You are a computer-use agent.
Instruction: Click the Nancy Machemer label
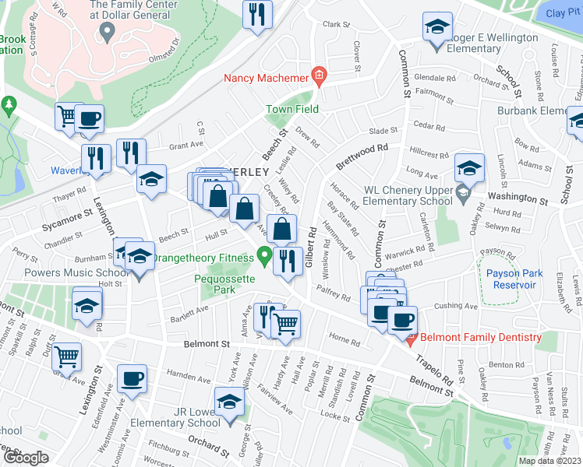[x=265, y=77]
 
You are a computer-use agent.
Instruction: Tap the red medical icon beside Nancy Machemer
[x=318, y=75]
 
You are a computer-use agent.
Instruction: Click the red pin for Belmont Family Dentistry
[x=410, y=338]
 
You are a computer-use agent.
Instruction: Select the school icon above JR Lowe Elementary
[x=230, y=402]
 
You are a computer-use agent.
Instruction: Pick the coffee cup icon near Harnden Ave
[x=131, y=379]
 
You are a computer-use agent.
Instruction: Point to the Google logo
[x=26, y=458]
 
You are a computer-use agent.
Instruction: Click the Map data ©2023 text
[x=550, y=461]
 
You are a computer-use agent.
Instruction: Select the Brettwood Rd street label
[x=362, y=155]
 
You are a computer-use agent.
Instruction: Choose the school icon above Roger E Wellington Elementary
[x=436, y=26]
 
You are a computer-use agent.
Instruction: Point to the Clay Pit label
[x=564, y=13]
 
